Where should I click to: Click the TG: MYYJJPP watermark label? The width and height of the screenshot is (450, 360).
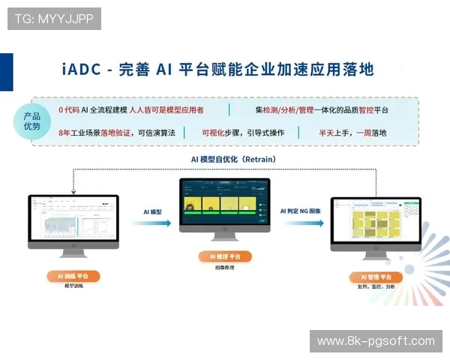pos(53,18)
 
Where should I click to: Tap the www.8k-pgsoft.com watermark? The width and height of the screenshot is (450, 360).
pos(375,341)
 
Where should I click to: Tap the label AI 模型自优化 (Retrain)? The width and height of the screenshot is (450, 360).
pos(224,159)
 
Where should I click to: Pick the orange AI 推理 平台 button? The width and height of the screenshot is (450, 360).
pos(225,256)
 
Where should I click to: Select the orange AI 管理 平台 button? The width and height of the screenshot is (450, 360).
pos(376,277)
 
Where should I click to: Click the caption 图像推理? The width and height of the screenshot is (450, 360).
pos(225,267)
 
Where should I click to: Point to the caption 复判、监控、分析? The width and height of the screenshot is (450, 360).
pos(376,286)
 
